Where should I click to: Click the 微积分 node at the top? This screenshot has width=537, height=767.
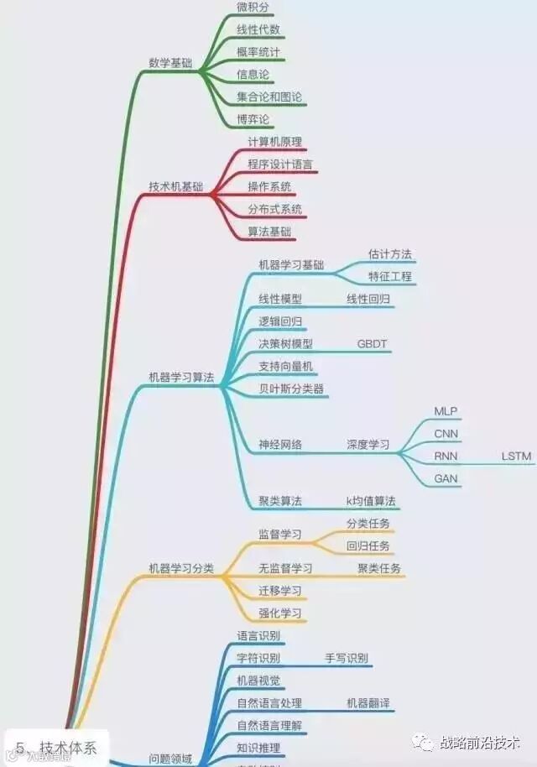pyautogui.click(x=253, y=8)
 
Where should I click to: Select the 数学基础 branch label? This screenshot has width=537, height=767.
pyautogui.click(x=170, y=62)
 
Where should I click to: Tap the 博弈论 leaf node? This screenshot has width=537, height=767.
pyautogui.click(x=253, y=119)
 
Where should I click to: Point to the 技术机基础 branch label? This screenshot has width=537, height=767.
pyautogui.click(x=175, y=186)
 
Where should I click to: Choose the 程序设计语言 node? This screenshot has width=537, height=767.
pyautogui.click(x=280, y=164)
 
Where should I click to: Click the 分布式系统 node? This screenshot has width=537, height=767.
pyautogui.click(x=274, y=209)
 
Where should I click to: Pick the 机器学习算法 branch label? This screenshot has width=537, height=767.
pyautogui.click(x=181, y=378)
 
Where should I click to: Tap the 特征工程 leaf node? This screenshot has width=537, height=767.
pyautogui.click(x=390, y=276)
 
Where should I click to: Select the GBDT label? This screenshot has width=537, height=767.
pyautogui.click(x=373, y=344)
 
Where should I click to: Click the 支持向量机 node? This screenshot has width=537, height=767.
pyautogui.click(x=286, y=367)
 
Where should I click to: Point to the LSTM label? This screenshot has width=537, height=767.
pyautogui.click(x=517, y=456)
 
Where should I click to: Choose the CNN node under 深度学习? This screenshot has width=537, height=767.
pyautogui.click(x=446, y=434)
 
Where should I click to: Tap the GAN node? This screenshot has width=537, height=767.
pyautogui.click(x=446, y=478)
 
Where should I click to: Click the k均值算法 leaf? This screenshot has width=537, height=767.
pyautogui.click(x=372, y=501)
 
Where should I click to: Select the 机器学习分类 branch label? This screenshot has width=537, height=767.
pyautogui.click(x=181, y=568)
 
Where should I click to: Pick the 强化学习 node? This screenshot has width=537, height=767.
pyautogui.click(x=280, y=613)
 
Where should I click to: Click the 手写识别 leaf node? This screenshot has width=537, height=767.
pyautogui.click(x=347, y=658)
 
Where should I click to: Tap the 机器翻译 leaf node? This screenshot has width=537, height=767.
pyautogui.click(x=368, y=703)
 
